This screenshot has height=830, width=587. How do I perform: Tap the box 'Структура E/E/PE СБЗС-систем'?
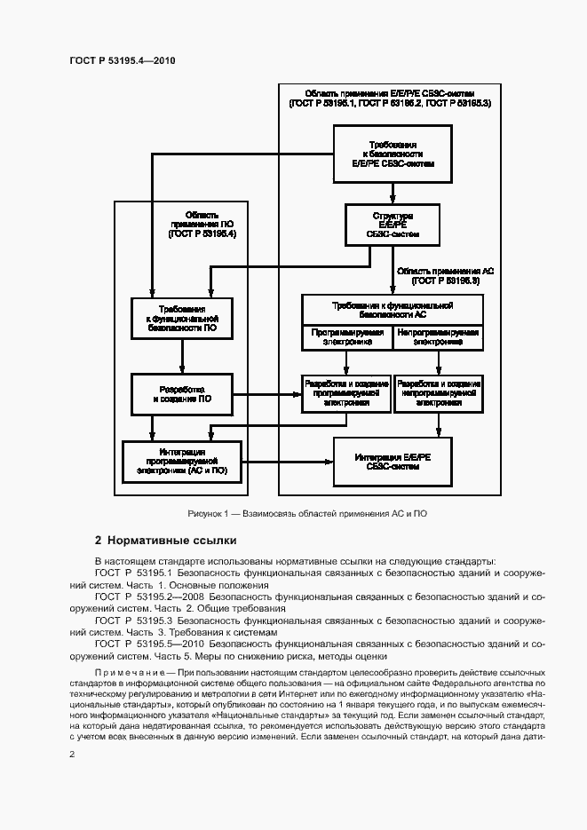coord(392,225)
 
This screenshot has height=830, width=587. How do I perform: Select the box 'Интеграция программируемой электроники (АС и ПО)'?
coord(182,462)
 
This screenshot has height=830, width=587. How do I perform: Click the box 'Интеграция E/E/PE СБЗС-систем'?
coord(392,462)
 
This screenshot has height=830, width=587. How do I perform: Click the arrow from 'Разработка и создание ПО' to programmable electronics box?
coord(267,394)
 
